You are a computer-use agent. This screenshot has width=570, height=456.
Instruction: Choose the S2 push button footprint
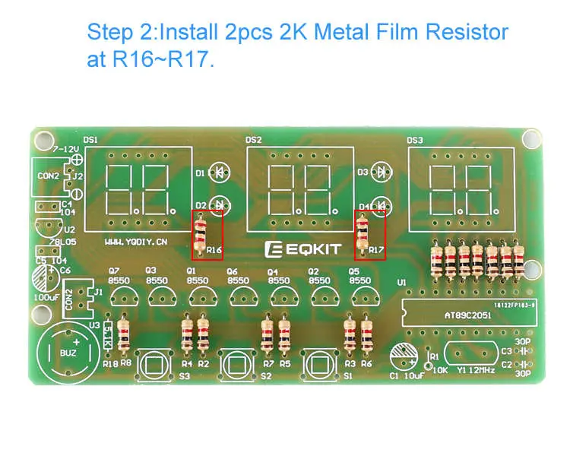coord(238,366)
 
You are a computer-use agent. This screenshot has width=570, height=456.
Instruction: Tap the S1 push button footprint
coord(320,366)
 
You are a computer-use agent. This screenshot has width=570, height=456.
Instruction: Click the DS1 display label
coord(90,140)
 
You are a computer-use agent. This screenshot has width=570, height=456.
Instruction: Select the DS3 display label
coord(415,140)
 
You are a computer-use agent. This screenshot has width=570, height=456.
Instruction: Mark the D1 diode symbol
coord(220,173)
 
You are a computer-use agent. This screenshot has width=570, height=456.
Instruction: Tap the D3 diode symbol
coord(380,173)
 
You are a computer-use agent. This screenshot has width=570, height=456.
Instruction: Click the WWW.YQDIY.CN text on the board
coord(135,242)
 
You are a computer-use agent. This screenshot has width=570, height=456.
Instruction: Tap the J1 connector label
coord(98,290)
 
